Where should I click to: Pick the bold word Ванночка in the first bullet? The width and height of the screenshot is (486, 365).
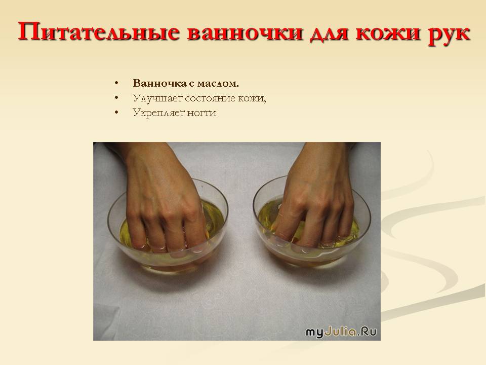tap(159, 83)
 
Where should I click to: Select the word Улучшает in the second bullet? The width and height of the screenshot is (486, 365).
tap(157, 98)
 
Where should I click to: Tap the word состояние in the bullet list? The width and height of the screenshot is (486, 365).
tap(210, 98)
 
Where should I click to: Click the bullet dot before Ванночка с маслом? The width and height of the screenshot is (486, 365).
tap(116, 83)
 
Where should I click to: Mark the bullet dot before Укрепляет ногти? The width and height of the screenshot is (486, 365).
tap(116, 112)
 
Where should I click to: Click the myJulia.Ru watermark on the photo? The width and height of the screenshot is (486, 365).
tap(341, 332)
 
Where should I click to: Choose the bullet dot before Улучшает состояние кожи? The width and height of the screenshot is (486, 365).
tap(116, 98)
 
